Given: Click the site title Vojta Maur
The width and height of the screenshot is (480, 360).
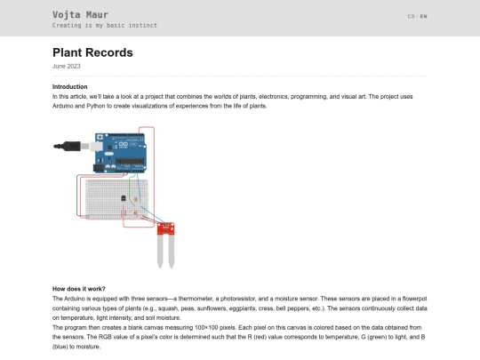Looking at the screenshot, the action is (x=80, y=15).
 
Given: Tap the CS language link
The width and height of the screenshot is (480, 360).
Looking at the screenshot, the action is (x=411, y=16).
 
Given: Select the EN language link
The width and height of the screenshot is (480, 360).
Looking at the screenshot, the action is (x=423, y=16).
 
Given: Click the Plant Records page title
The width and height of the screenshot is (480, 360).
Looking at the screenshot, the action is (x=92, y=52).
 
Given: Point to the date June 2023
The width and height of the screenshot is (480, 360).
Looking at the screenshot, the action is (x=66, y=66).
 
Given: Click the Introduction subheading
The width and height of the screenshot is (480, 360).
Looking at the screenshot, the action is (x=70, y=86).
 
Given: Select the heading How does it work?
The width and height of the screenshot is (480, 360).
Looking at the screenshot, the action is (x=79, y=289).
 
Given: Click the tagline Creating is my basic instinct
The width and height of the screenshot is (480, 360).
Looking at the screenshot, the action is (x=104, y=26).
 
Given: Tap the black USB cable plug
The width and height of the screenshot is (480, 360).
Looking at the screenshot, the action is (x=68, y=147).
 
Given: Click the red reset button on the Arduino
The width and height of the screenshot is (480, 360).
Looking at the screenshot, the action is (x=100, y=137).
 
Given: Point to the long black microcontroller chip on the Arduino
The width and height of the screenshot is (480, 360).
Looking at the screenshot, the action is (x=130, y=161).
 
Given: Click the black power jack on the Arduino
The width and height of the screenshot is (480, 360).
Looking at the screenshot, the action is (x=98, y=168).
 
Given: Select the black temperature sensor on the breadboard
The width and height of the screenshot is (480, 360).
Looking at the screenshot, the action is (x=124, y=198).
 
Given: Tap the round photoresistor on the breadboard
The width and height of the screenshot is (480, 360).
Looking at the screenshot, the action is (x=136, y=200).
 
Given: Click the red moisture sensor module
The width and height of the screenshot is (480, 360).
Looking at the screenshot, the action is (x=165, y=228).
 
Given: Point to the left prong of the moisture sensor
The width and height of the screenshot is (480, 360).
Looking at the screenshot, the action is (x=160, y=251).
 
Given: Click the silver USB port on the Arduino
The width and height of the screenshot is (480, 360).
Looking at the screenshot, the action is (x=96, y=147).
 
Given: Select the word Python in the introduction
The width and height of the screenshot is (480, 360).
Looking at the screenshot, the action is (x=96, y=106).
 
